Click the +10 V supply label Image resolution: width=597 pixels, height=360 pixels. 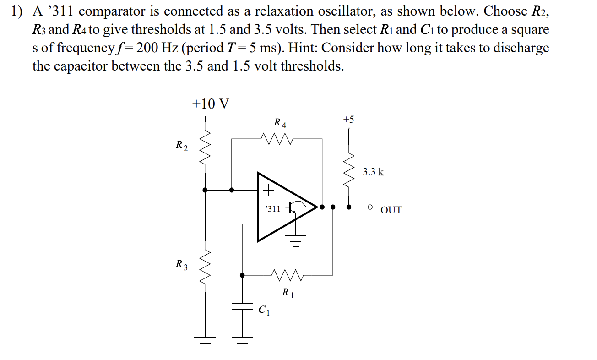click(x=211, y=104)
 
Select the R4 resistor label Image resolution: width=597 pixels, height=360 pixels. click(x=280, y=123)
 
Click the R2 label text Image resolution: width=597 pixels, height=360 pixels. click(x=181, y=146)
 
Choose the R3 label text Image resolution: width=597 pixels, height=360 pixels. click(x=182, y=264)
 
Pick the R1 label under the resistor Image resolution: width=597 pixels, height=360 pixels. click(x=288, y=292)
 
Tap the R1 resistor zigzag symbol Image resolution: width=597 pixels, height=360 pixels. click(x=286, y=275)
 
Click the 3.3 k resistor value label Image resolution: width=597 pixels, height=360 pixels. click(x=373, y=172)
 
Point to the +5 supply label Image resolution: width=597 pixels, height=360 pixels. click(x=348, y=120)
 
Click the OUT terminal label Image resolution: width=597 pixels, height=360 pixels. click(x=391, y=210)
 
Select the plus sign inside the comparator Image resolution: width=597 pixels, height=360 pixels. click(x=268, y=189)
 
